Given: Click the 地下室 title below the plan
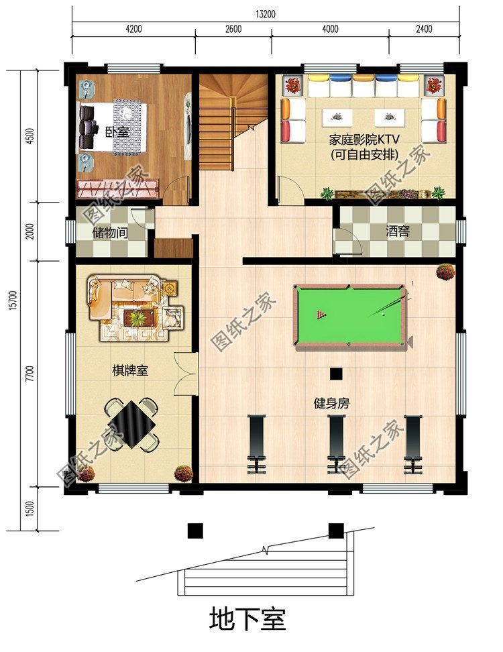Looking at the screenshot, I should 247,618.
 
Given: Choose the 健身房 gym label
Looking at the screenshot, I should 331,404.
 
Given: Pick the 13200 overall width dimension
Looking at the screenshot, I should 266,13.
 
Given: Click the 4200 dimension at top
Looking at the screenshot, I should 133,28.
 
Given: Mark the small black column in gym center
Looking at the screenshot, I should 336,374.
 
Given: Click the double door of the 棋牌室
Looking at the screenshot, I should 184,374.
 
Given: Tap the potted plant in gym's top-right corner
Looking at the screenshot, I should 445,271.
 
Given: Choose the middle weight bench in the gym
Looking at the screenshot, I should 336,443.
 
